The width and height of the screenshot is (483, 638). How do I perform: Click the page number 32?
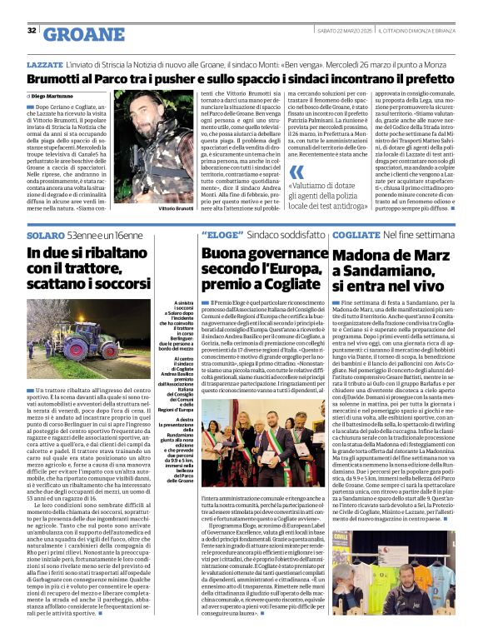pyautogui.click(x=32, y=30)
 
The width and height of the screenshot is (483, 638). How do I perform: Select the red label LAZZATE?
pyautogui.click(x=43, y=63)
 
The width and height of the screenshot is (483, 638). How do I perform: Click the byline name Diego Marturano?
pyautogui.click(x=54, y=97)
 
